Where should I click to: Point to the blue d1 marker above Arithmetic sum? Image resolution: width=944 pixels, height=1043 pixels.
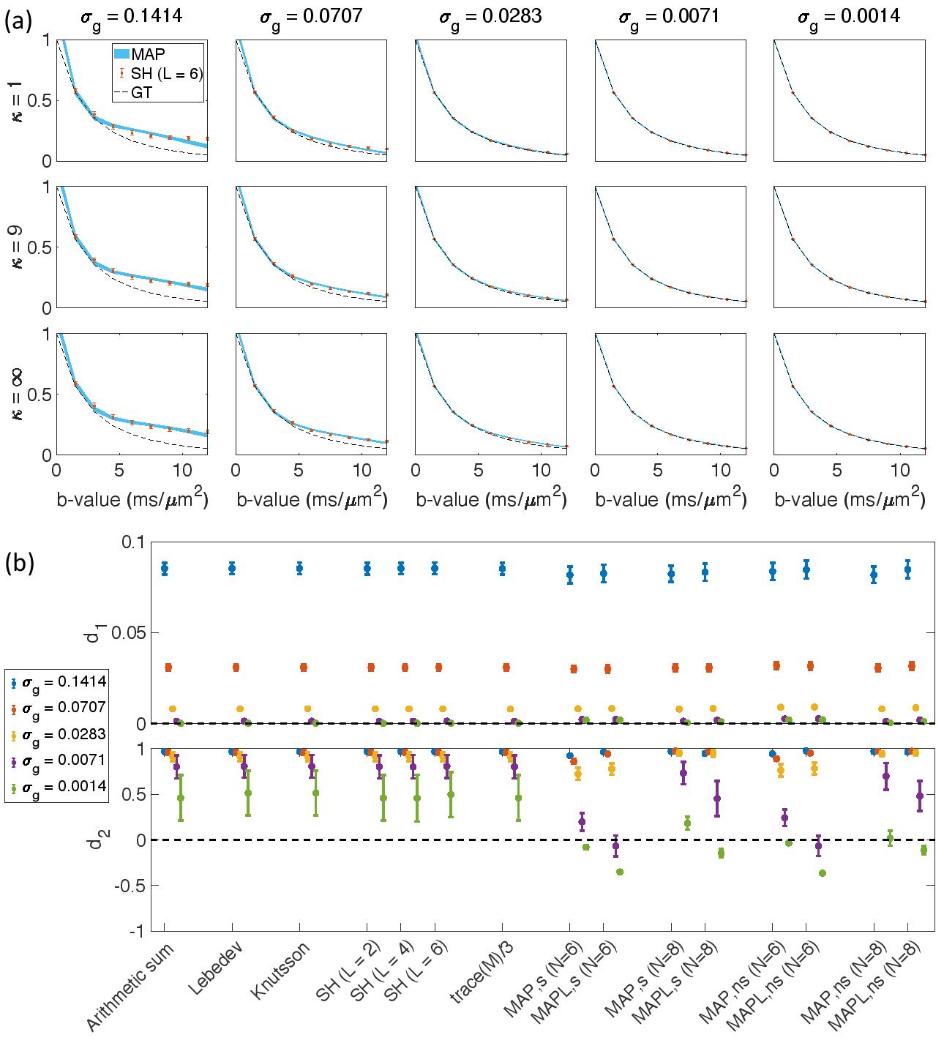[x=165, y=568]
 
